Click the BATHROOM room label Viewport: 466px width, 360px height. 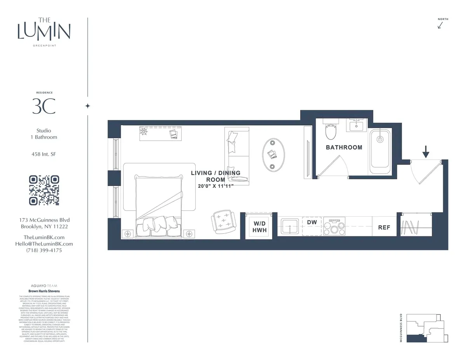(344, 148)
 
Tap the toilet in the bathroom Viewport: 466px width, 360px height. (330, 130)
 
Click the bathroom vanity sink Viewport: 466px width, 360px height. (356, 125)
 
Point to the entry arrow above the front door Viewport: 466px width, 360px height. (426, 151)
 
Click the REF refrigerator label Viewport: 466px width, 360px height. (384, 228)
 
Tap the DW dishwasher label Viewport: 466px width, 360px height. (312, 222)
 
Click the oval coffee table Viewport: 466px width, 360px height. (274, 155)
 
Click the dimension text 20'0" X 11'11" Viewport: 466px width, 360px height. (216, 186)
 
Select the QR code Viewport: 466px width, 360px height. (44, 190)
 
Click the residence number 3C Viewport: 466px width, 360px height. (44, 106)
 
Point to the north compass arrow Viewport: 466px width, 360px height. (440, 25)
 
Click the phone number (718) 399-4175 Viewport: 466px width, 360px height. (44, 250)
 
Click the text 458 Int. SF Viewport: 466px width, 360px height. (44, 154)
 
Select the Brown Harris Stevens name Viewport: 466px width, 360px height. (44, 291)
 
